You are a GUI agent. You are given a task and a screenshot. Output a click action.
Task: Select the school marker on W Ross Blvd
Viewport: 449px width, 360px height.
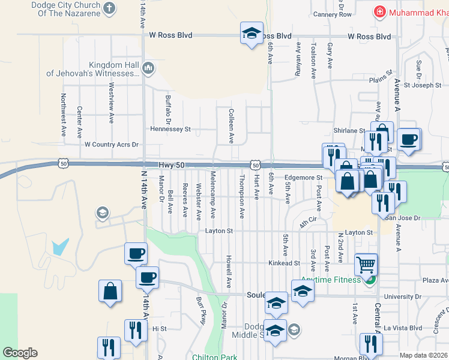tap(252, 34)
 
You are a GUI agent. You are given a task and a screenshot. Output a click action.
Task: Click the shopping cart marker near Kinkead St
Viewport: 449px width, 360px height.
tap(366, 263)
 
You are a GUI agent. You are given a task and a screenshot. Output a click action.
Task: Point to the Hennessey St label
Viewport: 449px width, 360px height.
tap(170, 129)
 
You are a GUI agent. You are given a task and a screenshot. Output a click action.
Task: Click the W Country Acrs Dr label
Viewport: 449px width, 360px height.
tap(112, 145)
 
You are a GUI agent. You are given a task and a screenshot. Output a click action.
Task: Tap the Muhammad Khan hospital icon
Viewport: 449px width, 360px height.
tap(379, 12)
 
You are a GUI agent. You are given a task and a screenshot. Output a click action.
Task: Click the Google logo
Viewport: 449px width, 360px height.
tap(20, 353)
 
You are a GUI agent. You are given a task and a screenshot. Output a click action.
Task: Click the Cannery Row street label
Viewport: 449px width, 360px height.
tap(332, 14)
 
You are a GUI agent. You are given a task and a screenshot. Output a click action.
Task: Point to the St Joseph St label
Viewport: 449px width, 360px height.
tap(422, 85)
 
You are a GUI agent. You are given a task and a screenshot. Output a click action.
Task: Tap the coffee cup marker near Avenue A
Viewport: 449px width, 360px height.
tap(409, 139)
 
